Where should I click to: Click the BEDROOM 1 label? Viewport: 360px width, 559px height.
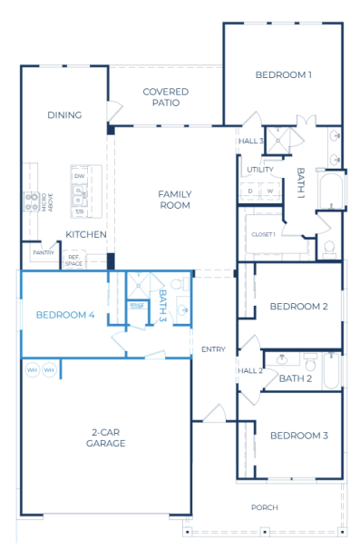283,74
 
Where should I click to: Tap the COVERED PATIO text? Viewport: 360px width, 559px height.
165,97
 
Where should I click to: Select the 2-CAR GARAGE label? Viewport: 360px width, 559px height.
107,437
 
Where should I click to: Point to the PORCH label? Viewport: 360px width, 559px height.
265,507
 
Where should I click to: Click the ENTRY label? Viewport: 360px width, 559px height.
213,349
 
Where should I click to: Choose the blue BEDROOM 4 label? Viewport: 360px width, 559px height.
64,315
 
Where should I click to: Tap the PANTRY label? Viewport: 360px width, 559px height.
43,252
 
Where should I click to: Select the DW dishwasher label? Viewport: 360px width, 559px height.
81,176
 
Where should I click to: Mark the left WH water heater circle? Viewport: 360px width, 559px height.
32,370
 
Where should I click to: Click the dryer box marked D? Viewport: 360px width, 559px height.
249,191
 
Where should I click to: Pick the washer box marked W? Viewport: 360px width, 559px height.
269,191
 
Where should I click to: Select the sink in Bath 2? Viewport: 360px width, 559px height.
280,359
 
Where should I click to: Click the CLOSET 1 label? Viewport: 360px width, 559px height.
263,235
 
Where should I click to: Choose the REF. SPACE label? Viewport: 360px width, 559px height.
74,260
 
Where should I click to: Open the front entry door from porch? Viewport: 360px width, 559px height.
213,415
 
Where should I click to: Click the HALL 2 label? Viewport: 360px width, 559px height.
249,370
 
